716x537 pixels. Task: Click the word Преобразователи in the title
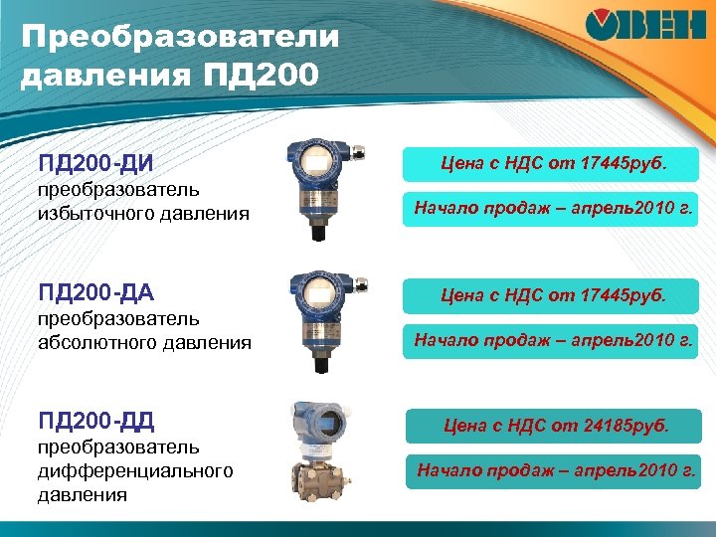pyautogui.click(x=179, y=39)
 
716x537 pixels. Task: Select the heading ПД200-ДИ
pyautogui.click(x=95, y=161)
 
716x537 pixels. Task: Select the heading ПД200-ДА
pyautogui.click(x=95, y=292)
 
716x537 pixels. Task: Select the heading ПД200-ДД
pyautogui.click(x=95, y=422)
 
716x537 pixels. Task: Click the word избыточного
pyautogui.click(x=85, y=213)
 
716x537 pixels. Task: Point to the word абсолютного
pyautogui.click(x=88, y=343)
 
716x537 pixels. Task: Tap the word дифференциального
pyautogui.click(x=135, y=470)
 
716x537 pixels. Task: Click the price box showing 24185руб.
pyautogui.click(x=556, y=427)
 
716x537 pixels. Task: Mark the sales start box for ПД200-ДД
pyautogui.click(x=556, y=470)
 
